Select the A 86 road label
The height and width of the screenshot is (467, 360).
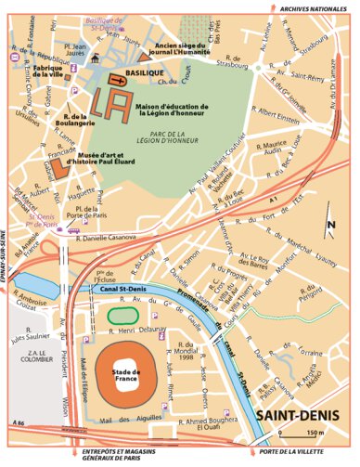18,422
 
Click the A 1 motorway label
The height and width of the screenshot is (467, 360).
271,200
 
